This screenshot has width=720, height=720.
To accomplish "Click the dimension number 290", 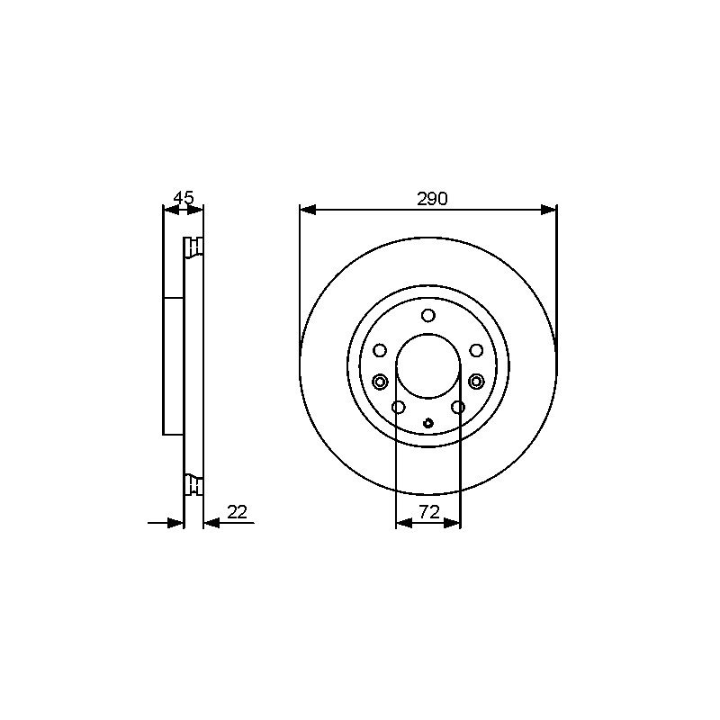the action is coord(432,199).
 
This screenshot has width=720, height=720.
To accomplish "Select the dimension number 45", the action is coord(184,198).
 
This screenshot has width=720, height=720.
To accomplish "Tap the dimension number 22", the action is coord(237,511).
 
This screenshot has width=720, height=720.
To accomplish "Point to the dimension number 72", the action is coord(429,511).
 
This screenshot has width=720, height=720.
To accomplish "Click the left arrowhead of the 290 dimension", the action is coord(308,210).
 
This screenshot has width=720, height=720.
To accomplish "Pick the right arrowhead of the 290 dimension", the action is coord(548,210).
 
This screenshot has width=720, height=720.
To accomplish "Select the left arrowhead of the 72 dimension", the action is coord(403,523).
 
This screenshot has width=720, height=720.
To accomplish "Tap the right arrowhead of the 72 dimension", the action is coord(452,523).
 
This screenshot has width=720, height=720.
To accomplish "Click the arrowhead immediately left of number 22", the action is coord(211,523).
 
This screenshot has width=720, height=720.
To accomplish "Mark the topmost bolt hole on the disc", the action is coord(428,316).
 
